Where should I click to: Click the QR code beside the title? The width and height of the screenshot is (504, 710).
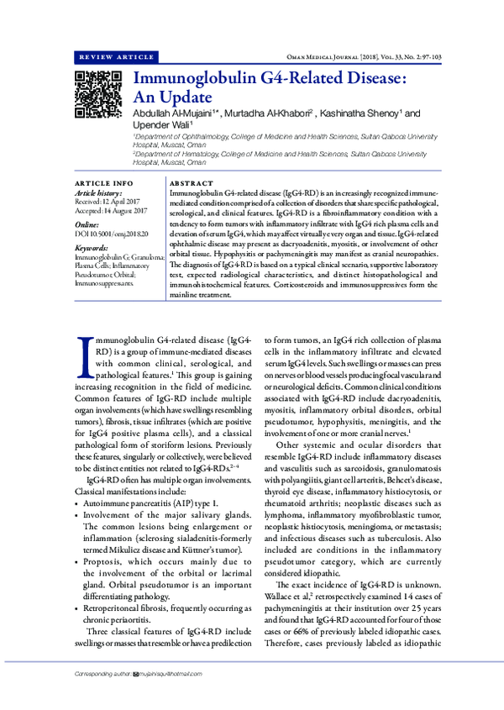(97, 94)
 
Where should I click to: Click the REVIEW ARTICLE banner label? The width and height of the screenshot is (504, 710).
(114, 57)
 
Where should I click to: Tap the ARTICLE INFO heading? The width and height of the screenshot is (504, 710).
(103, 182)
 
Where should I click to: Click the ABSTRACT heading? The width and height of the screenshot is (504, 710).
(191, 182)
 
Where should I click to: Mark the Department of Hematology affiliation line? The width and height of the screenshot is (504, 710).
(277, 155)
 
